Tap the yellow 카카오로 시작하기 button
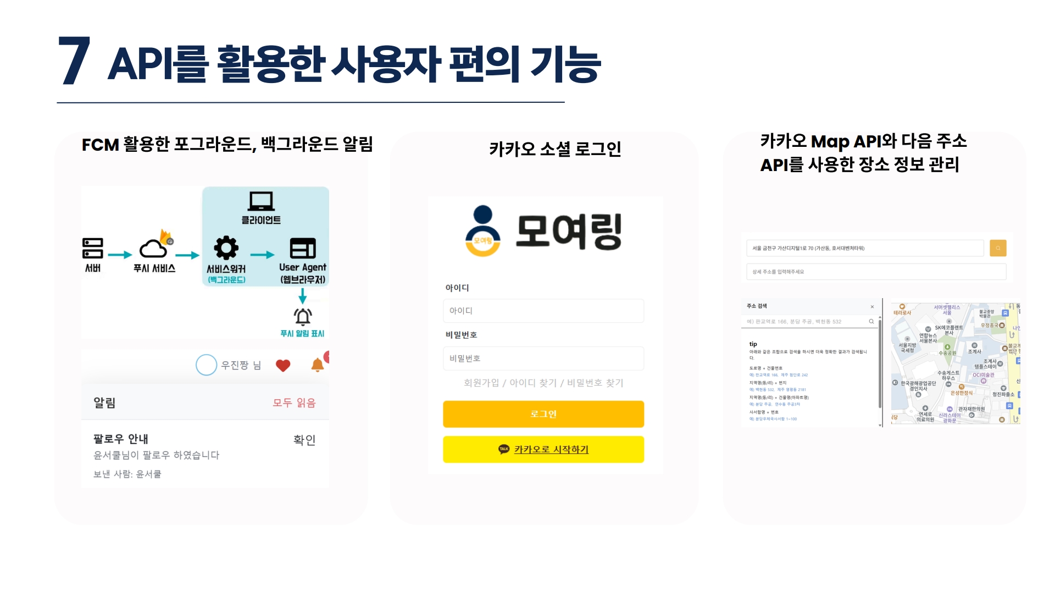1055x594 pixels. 543,449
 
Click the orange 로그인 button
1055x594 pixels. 543,414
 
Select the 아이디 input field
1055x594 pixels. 543,311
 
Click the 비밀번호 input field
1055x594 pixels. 543,358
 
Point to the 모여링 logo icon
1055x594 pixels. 482,231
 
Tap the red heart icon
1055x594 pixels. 283,366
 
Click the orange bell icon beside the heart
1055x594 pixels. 318,365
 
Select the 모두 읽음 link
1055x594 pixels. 294,403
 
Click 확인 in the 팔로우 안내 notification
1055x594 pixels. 304,440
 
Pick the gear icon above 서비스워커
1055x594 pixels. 226,248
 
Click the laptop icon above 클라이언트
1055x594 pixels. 261,201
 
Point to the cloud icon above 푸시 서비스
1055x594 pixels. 153,249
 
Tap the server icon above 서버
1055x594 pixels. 92,248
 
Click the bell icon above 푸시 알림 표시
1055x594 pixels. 303,316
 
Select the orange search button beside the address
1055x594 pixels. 998,248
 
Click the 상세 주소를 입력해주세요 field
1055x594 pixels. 876,272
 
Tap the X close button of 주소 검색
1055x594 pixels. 872,307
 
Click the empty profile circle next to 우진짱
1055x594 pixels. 207,365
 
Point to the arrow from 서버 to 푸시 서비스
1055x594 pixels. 120,255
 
